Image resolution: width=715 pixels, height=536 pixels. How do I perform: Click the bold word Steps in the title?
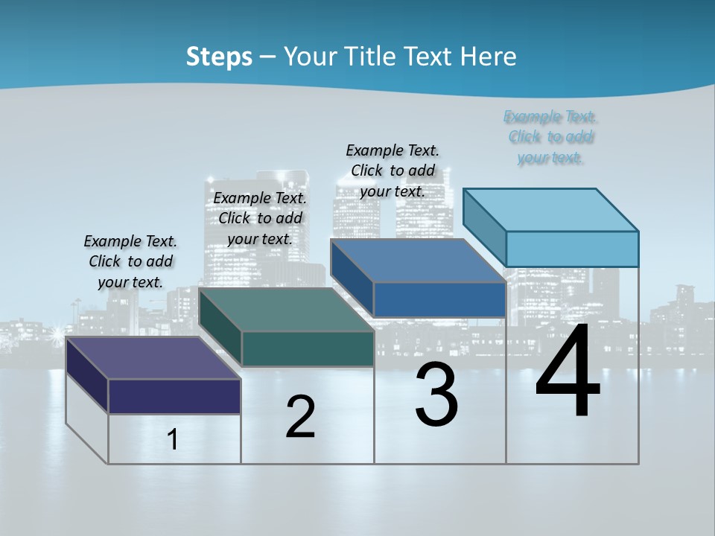(219, 57)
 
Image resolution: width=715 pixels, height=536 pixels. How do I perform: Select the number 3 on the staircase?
(436, 395)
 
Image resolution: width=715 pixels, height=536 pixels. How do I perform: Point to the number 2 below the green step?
(300, 417)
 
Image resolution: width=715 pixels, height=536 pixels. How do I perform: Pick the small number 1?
(172, 440)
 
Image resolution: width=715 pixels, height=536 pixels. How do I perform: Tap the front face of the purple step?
(174, 396)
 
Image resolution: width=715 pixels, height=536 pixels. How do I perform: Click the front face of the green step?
(308, 348)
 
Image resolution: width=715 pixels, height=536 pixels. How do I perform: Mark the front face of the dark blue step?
(439, 299)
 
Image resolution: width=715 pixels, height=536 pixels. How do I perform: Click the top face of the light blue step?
(551, 209)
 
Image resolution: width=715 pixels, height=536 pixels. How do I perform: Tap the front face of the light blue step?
(572, 249)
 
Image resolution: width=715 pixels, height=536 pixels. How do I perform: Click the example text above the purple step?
(130, 261)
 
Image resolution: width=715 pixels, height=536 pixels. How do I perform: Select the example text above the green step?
(260, 218)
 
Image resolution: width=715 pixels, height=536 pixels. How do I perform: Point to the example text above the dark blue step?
(393, 170)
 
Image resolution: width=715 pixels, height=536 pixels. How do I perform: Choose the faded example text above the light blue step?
(550, 137)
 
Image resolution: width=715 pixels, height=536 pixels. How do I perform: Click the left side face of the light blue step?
(484, 223)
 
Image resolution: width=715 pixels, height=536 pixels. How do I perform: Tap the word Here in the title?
(491, 57)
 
